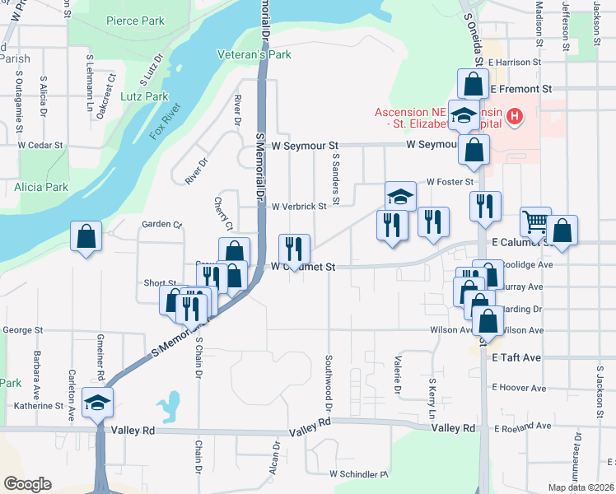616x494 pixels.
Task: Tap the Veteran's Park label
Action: pos(254,55)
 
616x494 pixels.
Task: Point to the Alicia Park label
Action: pos(41,187)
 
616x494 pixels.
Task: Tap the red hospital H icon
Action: pos(515,117)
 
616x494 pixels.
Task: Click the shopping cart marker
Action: pos(535,221)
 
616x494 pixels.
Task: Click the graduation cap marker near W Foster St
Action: pos(401,195)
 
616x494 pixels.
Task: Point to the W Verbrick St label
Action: pos(300,206)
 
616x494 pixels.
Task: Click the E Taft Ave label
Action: pos(516,358)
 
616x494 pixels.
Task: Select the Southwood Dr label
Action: pos(328,384)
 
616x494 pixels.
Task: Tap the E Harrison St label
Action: pos(514,62)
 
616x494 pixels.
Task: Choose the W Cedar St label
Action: pos(40,145)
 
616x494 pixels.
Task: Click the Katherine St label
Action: pos(38,406)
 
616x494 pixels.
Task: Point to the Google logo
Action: pos(27,483)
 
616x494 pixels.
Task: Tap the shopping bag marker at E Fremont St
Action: pos(473,83)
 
